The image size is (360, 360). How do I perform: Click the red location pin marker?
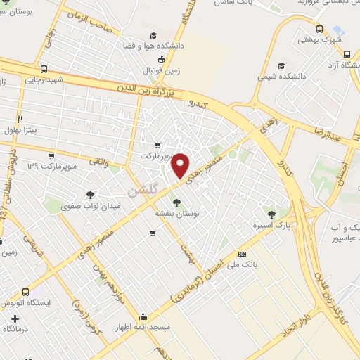click(180, 165)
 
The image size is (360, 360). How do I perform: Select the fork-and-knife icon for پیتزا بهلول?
click(20, 119)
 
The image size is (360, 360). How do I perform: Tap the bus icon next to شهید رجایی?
click(44, 70)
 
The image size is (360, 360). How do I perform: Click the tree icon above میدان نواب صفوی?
click(91, 194)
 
